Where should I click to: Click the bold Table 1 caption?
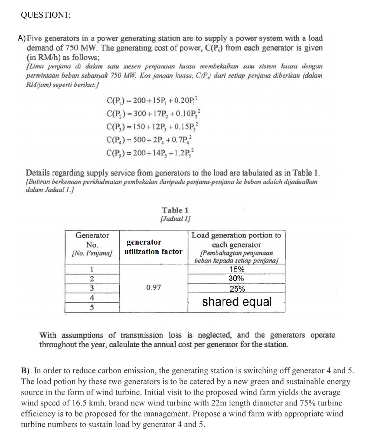(175, 210)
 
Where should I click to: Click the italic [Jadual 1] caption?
(175, 219)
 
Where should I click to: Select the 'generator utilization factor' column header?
(154, 247)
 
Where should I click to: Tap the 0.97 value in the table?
(153, 287)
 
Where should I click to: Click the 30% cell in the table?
(237, 279)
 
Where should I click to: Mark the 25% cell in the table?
(237, 289)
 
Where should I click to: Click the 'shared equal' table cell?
(237, 302)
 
